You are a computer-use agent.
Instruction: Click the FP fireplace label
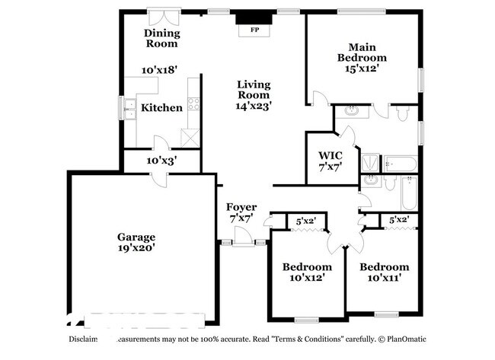click(254, 31)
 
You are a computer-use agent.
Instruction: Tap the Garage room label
click(136, 237)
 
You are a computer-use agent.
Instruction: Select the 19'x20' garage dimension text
click(136, 248)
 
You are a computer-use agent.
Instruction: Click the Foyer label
click(241, 207)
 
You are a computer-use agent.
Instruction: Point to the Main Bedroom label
click(362, 52)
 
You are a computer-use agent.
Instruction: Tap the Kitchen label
click(161, 107)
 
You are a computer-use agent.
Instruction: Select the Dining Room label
click(162, 38)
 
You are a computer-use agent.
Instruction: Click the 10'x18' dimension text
click(159, 69)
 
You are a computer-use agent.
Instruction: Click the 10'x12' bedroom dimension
click(307, 279)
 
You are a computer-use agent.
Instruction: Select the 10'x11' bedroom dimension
click(384, 279)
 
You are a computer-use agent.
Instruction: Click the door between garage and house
click(157, 177)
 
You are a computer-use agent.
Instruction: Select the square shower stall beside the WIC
click(369, 162)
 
